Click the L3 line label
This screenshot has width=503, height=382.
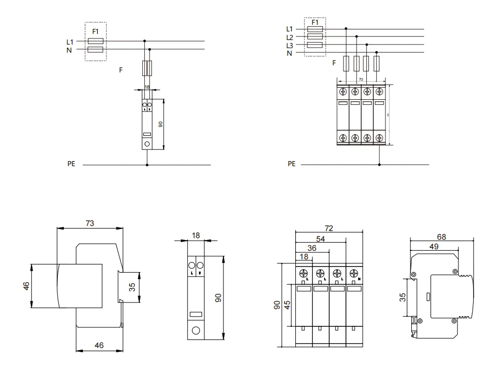tap(290, 46)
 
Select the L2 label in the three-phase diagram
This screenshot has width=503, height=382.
tap(290, 37)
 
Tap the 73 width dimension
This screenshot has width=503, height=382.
tap(90, 223)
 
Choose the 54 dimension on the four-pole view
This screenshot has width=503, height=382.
tap(321, 239)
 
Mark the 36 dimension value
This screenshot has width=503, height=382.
tap(313, 248)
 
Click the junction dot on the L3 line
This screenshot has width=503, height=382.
tap(366, 45)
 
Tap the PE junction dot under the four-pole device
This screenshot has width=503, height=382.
tap(379, 165)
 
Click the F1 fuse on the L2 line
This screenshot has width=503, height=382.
tap(316, 37)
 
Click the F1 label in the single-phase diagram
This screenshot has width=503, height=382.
tap(96, 31)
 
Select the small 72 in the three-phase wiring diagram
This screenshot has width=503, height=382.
tap(361, 80)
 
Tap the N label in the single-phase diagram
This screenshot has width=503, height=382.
tap(69, 50)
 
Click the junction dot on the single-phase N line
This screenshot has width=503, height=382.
tap(149, 50)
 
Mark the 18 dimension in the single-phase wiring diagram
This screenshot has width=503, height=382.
tap(147, 88)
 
